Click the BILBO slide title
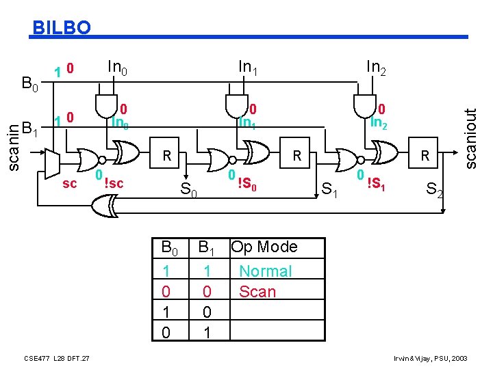pos(62,27)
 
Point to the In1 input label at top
pos(248,67)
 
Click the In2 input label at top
pos(376,67)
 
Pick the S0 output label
pos(188,189)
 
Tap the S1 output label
pos(332,189)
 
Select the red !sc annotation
pos(114,183)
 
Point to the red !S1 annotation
pos(377,183)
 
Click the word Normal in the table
pos(265,271)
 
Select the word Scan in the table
pos(257,292)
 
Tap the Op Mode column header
pos(264,247)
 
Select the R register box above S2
pos(425,156)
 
